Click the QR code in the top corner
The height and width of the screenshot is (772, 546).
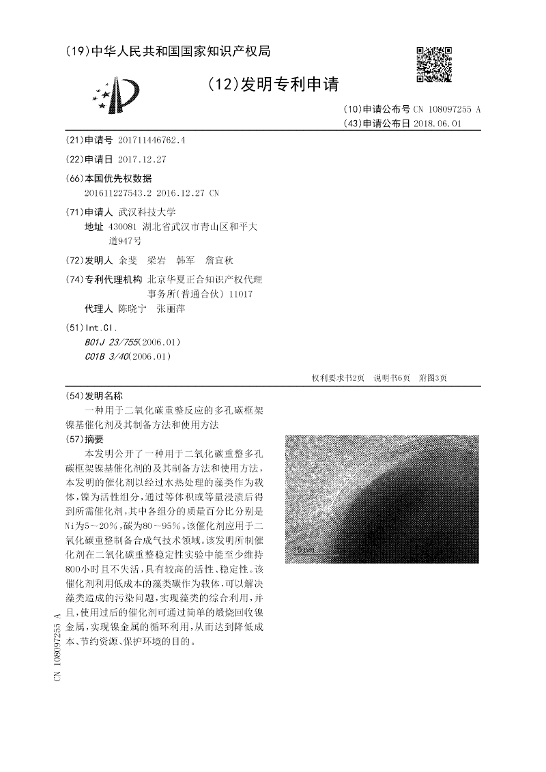click(x=433, y=63)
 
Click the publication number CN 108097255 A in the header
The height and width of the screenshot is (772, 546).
click(x=448, y=109)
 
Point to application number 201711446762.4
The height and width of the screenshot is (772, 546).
click(x=152, y=140)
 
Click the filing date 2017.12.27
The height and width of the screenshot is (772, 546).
click(x=142, y=159)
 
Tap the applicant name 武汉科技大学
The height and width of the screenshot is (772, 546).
click(x=147, y=212)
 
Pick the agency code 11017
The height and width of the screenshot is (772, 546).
click(x=242, y=294)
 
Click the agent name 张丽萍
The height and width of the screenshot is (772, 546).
click(x=171, y=309)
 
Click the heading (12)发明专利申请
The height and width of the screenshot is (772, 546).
click(x=272, y=85)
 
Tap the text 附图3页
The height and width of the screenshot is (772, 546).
click(x=433, y=377)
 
